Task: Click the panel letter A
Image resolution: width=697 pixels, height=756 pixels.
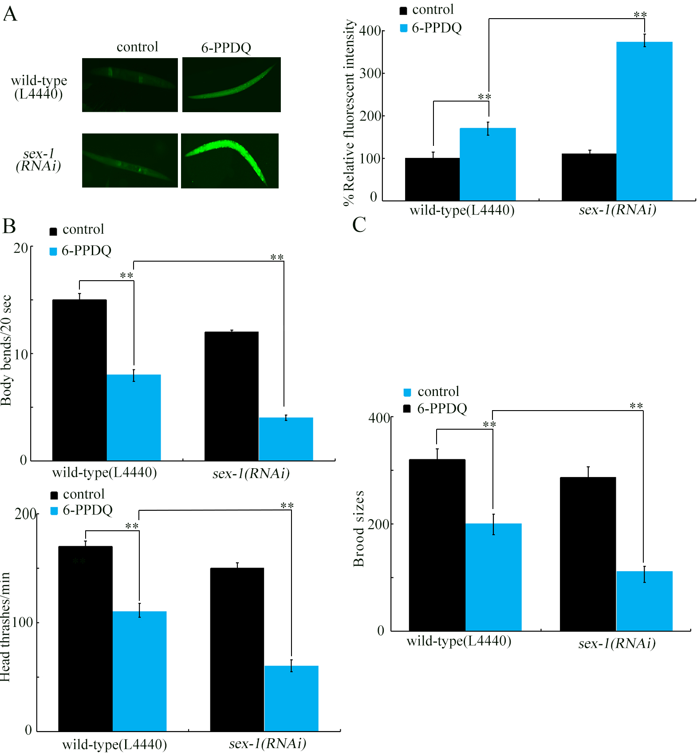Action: point(10,14)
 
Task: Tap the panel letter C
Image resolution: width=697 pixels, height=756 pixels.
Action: point(359,224)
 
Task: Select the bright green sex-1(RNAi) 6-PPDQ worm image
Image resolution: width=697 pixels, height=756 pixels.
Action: point(230,161)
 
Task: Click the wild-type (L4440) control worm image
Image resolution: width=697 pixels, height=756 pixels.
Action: point(130,85)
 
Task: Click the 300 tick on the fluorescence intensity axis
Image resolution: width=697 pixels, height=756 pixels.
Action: point(370,73)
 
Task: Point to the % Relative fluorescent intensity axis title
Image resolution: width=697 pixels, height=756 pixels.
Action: point(350,113)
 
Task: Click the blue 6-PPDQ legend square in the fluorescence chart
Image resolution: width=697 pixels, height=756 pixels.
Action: point(403,28)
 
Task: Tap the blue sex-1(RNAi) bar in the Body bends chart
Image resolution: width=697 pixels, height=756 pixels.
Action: point(286,439)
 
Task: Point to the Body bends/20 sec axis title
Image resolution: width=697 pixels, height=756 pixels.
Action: point(6,350)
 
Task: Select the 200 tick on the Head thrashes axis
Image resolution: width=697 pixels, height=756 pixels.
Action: point(25,514)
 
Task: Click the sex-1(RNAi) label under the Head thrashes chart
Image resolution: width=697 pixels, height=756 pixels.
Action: point(268,744)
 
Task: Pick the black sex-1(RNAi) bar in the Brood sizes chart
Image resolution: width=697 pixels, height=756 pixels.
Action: point(588,554)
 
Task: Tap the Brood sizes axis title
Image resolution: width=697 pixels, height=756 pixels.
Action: point(358,529)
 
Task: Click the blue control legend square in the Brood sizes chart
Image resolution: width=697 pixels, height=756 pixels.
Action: point(407,392)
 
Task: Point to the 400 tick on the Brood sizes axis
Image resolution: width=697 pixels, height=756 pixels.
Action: point(379,418)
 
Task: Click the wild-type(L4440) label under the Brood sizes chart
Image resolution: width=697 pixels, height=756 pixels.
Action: point(459,641)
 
